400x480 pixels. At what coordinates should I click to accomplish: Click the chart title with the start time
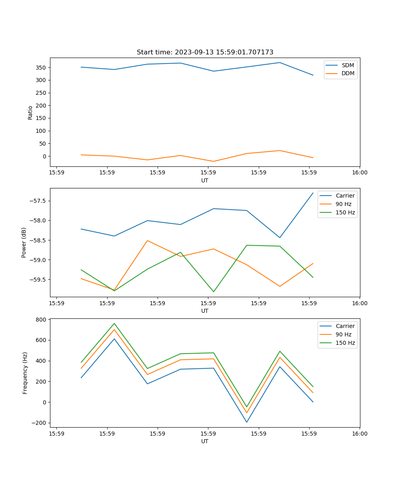(205, 52)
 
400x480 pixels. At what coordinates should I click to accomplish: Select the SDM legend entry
(348, 65)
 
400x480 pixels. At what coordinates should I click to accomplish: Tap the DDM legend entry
(348, 74)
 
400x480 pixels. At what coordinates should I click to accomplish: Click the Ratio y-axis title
(30, 112)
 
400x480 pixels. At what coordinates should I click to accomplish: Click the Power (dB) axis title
(24, 242)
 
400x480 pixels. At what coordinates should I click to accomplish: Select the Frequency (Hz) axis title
(25, 373)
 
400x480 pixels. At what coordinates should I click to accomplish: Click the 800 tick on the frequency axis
(41, 320)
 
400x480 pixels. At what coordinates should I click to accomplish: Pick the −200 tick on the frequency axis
(39, 423)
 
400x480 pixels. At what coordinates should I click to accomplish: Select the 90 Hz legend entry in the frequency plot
(344, 334)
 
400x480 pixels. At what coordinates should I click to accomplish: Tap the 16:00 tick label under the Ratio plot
(360, 173)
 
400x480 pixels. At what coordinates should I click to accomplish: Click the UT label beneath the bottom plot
(205, 442)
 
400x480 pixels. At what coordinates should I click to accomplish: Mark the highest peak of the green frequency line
(114, 324)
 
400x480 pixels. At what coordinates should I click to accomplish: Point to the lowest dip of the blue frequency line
(247, 422)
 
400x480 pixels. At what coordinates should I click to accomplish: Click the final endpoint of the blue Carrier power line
(313, 193)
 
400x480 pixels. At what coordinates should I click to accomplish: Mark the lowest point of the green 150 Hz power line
(214, 292)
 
